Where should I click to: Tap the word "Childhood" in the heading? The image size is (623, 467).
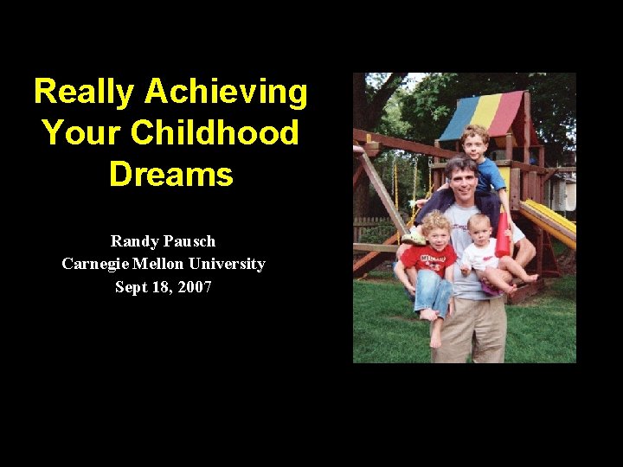[215, 133]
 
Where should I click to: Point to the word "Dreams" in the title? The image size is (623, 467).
[171, 174]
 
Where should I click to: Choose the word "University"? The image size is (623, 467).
[230, 264]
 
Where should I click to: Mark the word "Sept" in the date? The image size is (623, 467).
[132, 287]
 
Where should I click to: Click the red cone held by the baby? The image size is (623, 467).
[503, 235]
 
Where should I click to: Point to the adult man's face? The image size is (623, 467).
[464, 181]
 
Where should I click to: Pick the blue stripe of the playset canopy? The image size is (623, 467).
[456, 122]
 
